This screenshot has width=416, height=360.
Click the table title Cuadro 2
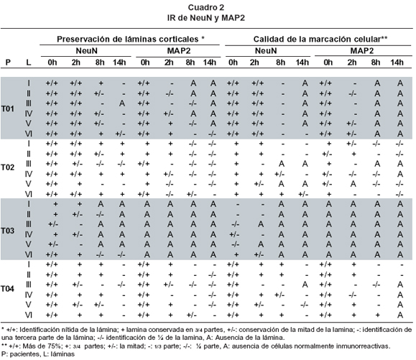pos(206,7)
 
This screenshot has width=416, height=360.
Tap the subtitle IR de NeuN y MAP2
pos(206,18)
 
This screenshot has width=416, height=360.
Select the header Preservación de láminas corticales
pos(128,40)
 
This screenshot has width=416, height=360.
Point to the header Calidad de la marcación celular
pos(317,40)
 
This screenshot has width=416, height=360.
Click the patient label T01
pos(8,109)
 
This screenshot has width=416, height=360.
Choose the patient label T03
pos(8,231)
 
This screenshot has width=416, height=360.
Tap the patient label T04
pos(8,289)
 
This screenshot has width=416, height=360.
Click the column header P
pos(8,63)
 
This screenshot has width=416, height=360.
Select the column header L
pos(29,63)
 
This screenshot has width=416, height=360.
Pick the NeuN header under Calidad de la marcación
pos(266,51)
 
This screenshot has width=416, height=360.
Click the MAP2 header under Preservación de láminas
pos(179,51)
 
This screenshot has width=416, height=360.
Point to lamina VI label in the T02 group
pos(29,194)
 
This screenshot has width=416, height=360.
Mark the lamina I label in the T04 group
pos(29,264)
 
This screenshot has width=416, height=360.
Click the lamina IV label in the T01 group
pos(29,114)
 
